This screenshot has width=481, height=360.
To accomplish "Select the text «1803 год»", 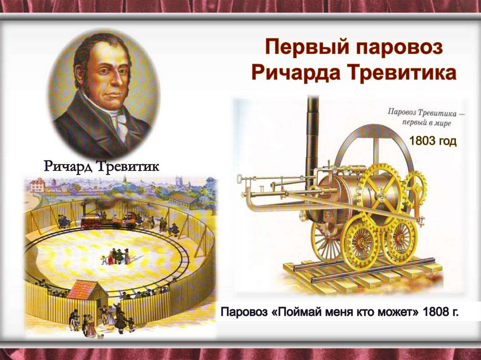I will pyautogui.click(x=433, y=141).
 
